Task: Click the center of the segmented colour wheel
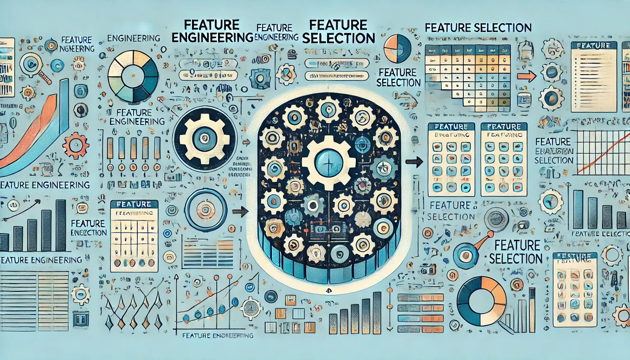pos(133,75)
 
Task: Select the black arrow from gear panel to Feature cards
pos(414,162)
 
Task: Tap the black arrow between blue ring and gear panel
pos(240,212)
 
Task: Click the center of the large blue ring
pos(206,210)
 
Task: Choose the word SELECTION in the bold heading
pos(338,38)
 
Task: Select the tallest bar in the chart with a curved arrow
pos(61,225)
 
